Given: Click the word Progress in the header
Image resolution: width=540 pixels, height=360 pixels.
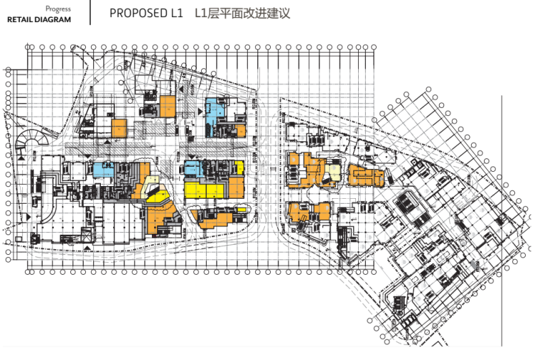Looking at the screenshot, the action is click(x=58, y=9).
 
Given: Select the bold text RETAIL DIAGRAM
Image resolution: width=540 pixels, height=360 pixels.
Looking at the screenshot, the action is click(x=39, y=20).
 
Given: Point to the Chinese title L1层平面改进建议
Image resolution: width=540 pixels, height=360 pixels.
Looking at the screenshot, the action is click(x=242, y=14).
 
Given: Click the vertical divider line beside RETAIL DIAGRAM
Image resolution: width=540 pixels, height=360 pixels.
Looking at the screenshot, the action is click(x=90, y=13).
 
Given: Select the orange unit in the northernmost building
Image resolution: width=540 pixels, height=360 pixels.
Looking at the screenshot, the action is click(x=168, y=106).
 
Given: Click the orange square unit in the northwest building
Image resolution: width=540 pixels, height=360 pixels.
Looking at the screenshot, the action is click(x=119, y=128).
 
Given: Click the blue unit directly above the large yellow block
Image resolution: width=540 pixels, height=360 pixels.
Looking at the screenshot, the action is click(x=193, y=168).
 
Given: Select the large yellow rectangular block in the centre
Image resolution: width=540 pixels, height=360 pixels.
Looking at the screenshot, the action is click(x=207, y=190).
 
